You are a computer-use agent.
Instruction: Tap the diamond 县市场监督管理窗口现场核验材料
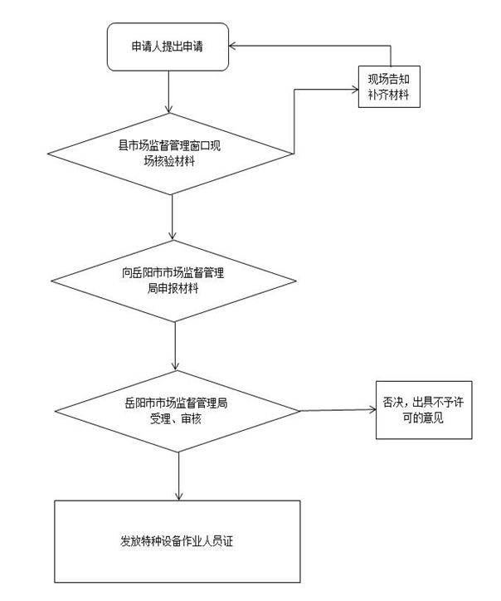coord(170,153)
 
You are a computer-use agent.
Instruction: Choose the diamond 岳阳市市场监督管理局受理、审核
coord(177,410)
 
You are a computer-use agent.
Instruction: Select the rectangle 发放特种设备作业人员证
coord(177,541)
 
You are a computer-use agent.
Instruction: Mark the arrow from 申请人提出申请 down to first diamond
coord(169,91)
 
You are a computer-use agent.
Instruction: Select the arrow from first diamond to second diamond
coord(172,217)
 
